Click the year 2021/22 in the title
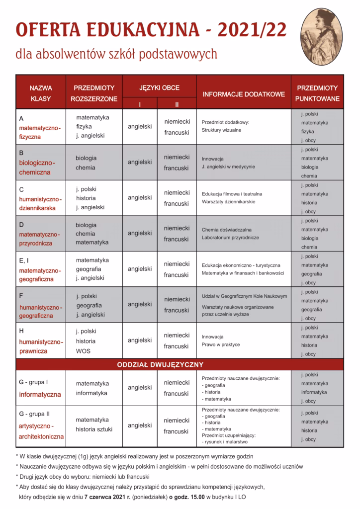[x=248, y=30]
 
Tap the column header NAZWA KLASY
[x=41, y=93]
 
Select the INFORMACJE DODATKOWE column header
[x=243, y=93]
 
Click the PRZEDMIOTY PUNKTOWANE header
[x=317, y=93]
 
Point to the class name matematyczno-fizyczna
[x=39, y=132]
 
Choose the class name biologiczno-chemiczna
[x=37, y=168]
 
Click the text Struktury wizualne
[x=222, y=130]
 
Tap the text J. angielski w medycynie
[x=228, y=167]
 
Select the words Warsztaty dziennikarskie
[x=229, y=202]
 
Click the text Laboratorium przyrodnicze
[x=230, y=238]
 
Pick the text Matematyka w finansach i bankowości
[x=243, y=274]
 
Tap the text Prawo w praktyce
[x=221, y=345]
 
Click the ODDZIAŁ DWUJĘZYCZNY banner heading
[x=160, y=364]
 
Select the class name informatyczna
[x=40, y=395]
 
